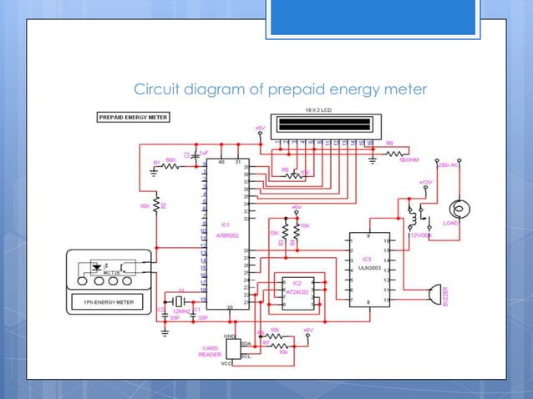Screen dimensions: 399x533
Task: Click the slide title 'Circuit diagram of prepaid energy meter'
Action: coord(280,89)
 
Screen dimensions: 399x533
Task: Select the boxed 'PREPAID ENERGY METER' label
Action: coord(134,118)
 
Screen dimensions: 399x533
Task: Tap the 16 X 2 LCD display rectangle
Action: coord(322,129)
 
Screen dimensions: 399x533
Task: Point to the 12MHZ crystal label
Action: coord(179,310)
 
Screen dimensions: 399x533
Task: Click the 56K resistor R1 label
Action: coord(170,159)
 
